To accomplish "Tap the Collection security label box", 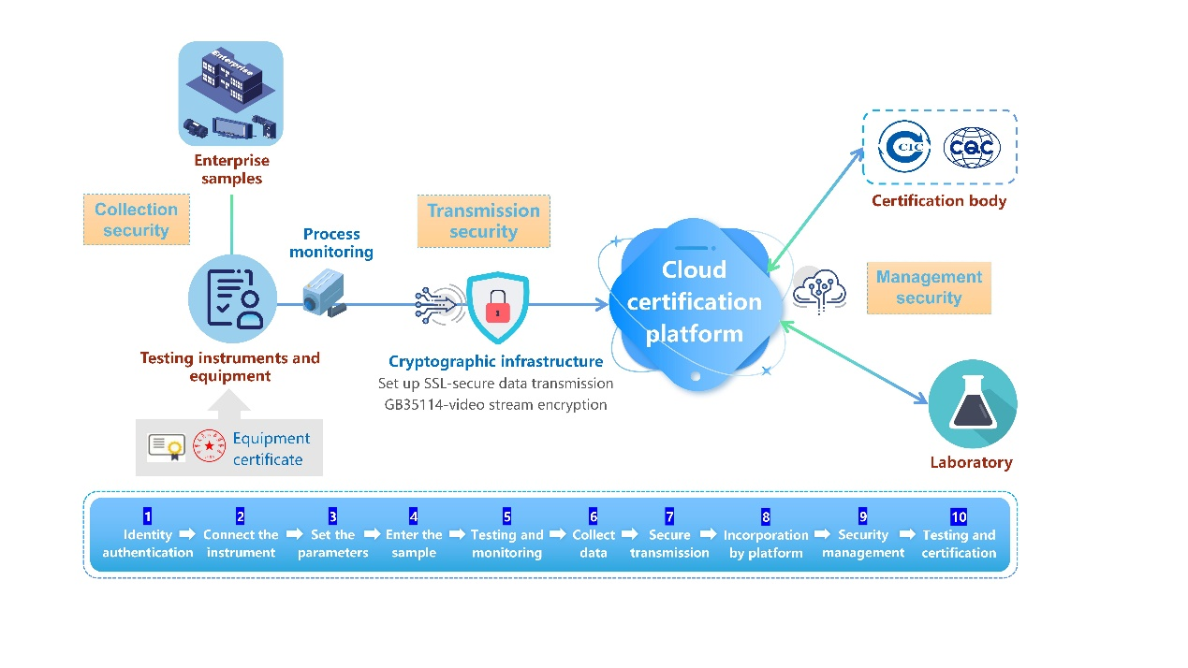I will (136, 220).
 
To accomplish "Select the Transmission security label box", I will (483, 221).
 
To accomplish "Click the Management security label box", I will (929, 287).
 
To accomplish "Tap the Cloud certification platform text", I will (694, 301).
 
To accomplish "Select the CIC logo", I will (903, 147).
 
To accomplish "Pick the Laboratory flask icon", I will (972, 404).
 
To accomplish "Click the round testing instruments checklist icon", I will (232, 300).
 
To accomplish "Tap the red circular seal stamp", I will (209, 447).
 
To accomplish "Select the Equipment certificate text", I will (271, 449).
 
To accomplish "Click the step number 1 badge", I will (147, 516).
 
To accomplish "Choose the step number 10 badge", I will (958, 516).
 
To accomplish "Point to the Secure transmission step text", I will (669, 544).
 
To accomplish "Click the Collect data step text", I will (594, 544).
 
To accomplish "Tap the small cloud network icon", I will (819, 290).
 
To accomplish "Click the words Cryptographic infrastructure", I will (495, 361).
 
